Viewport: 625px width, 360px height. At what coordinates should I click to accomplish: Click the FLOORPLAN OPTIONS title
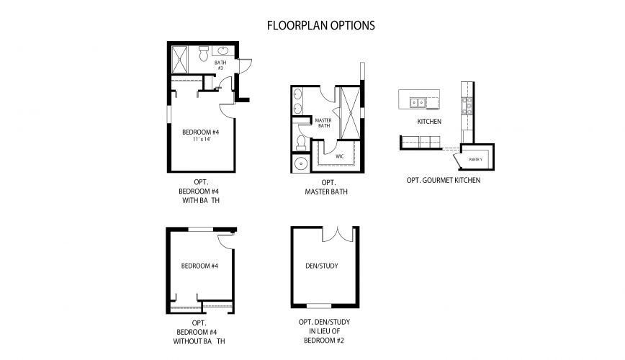coord(320,25)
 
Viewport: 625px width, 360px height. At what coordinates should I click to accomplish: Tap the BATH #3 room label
coord(221,65)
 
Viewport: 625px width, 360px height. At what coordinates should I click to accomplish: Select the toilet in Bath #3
coord(203,53)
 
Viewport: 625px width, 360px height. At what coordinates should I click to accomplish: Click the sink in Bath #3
coord(222,50)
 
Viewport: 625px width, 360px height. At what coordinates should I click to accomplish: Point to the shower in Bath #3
coord(182,56)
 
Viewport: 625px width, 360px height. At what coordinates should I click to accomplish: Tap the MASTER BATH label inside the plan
coord(323,123)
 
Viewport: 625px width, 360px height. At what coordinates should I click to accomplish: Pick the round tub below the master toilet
coord(300,163)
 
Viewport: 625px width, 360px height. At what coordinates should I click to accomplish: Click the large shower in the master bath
coord(351,112)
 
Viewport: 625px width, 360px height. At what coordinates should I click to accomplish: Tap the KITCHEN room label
coord(429,122)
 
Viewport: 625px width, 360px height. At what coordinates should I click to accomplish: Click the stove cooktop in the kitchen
coord(467,108)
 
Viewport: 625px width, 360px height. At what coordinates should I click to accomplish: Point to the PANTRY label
coord(475,159)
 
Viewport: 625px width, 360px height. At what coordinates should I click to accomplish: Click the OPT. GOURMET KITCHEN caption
coord(443,180)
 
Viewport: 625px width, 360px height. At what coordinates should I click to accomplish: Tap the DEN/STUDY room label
coord(322,266)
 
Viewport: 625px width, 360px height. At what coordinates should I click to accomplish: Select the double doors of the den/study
coord(336,234)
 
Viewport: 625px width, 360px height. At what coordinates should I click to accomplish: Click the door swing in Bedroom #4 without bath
coord(225,241)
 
